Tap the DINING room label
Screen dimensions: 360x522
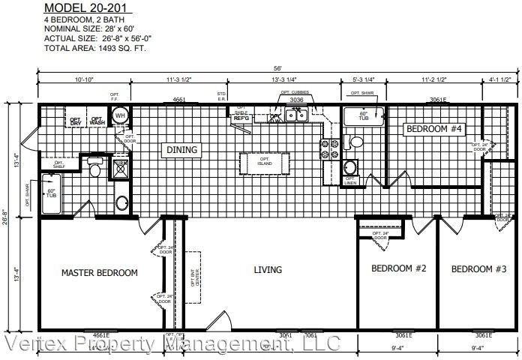[x=181, y=150]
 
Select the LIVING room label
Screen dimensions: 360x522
[x=268, y=269]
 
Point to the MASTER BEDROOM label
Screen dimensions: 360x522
[x=99, y=273]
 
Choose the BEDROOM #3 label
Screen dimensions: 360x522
[x=479, y=268]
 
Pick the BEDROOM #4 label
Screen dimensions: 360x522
[x=434, y=129]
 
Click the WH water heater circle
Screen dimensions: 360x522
[x=120, y=116]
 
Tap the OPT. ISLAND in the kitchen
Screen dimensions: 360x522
[x=265, y=163]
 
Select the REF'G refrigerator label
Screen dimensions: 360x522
[x=241, y=118]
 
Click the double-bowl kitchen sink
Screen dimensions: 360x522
[x=299, y=114]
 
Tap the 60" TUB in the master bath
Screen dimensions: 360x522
[x=52, y=193]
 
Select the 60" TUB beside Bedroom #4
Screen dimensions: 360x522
[x=363, y=117]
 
